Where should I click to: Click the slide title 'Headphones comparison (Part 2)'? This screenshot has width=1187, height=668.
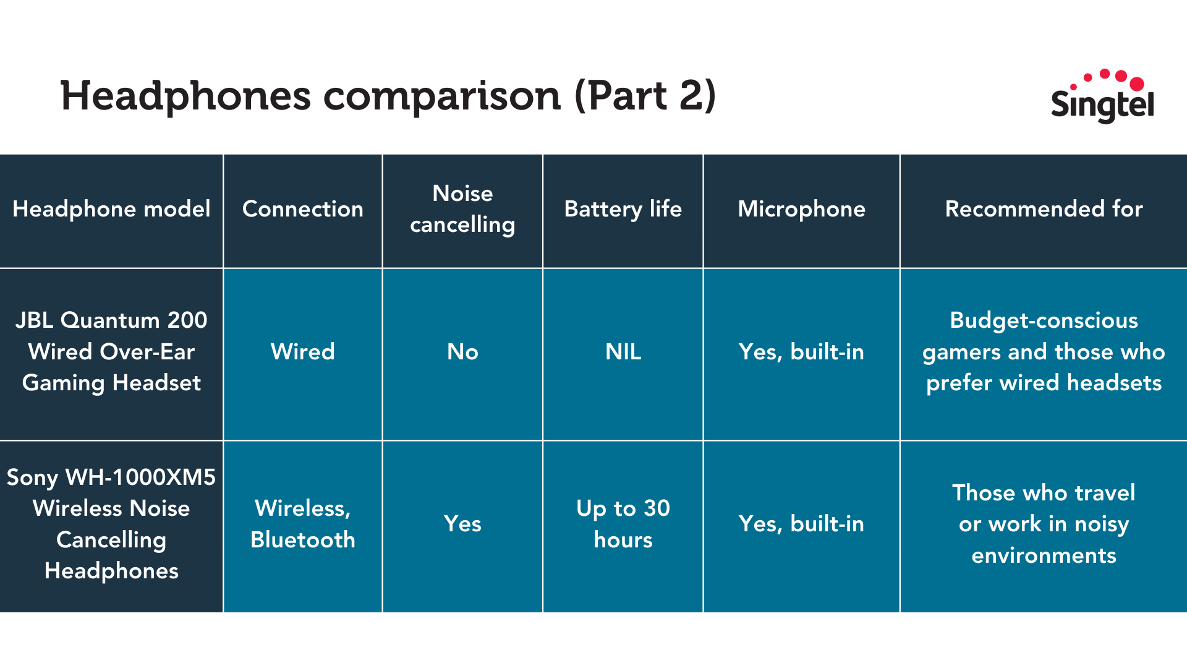388,96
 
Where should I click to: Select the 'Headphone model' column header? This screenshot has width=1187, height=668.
111,209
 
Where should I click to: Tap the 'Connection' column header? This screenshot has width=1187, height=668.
303,209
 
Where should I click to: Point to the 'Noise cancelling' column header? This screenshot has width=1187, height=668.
462,209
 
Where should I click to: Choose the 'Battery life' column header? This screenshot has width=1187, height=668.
623,209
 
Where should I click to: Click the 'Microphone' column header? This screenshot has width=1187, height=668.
802,209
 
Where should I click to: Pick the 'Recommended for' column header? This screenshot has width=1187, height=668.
1044,209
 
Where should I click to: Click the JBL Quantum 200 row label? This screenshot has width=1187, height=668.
111,351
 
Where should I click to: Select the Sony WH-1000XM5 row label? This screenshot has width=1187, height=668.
111,524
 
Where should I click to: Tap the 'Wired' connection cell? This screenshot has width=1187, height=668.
303,352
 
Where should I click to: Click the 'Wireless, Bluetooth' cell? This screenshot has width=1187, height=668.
303,524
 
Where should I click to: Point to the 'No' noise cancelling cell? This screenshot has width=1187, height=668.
462,352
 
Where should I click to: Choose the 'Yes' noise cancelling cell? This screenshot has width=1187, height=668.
462,524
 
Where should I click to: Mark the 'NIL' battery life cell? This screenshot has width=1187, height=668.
623,352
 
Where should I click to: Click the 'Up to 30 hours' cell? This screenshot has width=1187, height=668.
623,524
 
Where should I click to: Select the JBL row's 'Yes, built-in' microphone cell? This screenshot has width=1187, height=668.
802,352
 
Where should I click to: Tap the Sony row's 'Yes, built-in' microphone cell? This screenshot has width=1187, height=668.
802,524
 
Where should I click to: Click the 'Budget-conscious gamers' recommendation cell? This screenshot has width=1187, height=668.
1044,351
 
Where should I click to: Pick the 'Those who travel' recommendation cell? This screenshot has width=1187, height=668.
1044,524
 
